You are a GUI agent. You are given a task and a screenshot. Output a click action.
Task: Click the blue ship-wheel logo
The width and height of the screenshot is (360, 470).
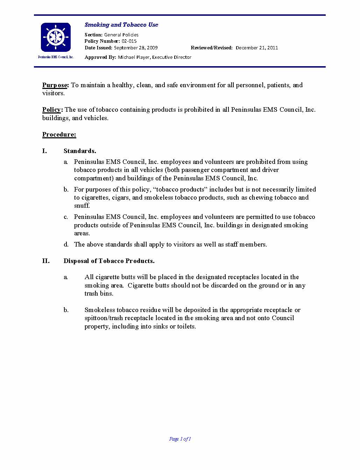(x=56, y=37)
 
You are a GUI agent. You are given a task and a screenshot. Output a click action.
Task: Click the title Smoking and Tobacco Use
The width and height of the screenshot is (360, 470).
(x=121, y=25)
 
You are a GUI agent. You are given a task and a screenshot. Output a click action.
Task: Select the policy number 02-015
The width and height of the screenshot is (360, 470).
(x=129, y=41)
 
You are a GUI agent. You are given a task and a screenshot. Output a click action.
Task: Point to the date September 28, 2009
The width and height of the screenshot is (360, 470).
(x=136, y=48)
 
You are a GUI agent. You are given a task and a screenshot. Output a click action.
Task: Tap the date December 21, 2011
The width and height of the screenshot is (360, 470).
(x=257, y=48)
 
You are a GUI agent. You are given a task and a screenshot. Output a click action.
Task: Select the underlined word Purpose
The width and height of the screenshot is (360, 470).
(x=55, y=85)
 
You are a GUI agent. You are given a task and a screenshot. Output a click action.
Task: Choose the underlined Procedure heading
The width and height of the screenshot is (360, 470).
(x=59, y=134)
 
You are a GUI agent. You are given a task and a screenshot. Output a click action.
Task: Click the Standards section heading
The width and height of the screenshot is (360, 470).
(x=80, y=151)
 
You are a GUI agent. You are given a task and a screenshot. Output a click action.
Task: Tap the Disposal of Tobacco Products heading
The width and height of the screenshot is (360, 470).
(x=109, y=261)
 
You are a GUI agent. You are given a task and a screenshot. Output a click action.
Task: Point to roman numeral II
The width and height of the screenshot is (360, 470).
(x=46, y=261)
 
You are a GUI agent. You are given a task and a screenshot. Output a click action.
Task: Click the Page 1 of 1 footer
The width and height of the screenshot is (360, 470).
(x=180, y=439)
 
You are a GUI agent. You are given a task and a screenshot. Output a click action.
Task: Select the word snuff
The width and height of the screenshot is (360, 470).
(x=82, y=206)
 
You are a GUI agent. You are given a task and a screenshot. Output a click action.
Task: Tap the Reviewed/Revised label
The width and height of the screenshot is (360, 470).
(x=212, y=48)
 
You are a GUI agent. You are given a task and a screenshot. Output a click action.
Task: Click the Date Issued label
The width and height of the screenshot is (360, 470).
(x=98, y=48)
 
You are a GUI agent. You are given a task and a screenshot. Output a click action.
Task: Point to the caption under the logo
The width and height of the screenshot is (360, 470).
(x=56, y=57)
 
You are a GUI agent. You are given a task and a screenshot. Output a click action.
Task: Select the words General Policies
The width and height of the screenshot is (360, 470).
(x=121, y=35)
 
